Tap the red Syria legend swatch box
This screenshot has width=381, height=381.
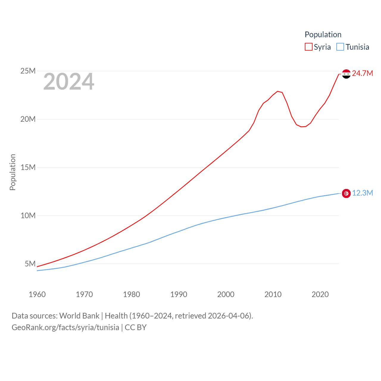point(309,47)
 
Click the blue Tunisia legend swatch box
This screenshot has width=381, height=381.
point(340,47)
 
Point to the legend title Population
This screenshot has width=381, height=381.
point(323,35)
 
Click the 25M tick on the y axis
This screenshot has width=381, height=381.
point(28,71)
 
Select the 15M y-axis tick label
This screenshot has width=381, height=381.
point(28,167)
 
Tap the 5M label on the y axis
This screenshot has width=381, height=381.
point(30,264)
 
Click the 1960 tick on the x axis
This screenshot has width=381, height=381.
point(37,294)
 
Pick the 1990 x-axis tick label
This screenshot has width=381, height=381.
point(179,294)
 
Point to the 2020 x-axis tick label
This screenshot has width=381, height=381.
point(320,294)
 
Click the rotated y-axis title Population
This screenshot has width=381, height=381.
point(13,172)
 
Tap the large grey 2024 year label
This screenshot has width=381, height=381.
point(69,82)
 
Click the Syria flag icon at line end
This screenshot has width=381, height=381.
point(346,74)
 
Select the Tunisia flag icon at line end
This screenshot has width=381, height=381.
point(346,193)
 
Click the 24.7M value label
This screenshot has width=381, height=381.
point(362,73)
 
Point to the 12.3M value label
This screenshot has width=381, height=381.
point(363,193)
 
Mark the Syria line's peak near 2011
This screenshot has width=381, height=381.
point(277,91)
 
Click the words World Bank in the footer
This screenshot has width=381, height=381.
point(79,316)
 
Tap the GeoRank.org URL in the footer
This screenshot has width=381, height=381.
point(65,327)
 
